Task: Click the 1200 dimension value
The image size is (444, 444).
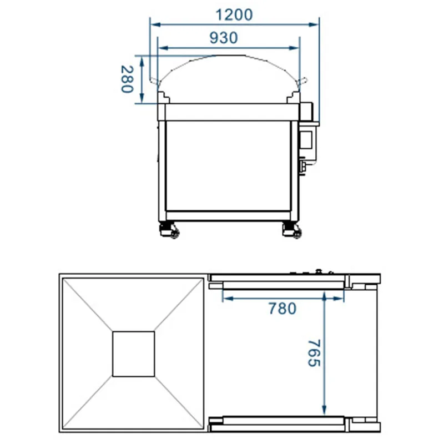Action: (x=233, y=15)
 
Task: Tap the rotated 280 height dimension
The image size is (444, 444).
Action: (x=127, y=79)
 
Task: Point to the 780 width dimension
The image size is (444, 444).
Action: (x=282, y=309)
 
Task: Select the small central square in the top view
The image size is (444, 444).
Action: (x=134, y=354)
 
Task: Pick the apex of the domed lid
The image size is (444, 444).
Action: (x=228, y=56)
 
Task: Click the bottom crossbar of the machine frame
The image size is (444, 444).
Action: (x=228, y=216)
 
